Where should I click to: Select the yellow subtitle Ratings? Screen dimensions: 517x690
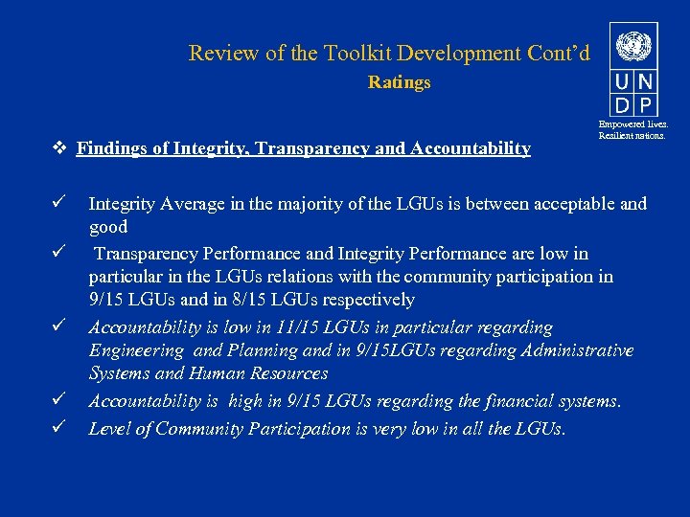point(399,82)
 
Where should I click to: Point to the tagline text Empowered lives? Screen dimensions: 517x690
point(633,124)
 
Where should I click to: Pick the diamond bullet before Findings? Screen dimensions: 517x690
point(59,148)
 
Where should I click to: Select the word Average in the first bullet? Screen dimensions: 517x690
point(192,204)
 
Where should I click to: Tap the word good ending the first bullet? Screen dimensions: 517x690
point(108,227)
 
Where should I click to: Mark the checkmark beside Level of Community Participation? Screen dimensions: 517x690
point(59,428)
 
